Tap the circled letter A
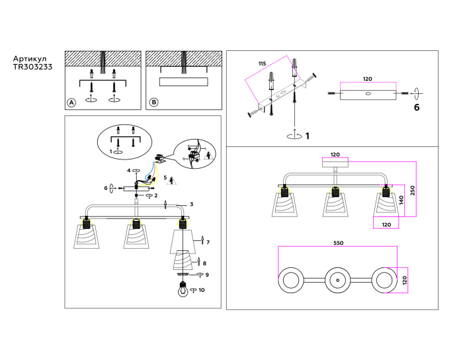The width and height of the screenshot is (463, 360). pos(71,103)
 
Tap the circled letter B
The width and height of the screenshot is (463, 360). pos(153,103)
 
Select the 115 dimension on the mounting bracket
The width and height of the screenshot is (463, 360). pos(262,64)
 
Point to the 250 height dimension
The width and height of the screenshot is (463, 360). pos(412,189)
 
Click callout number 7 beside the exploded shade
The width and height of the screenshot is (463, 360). pos(208,243)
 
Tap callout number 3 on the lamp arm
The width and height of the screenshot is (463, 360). pos(191,204)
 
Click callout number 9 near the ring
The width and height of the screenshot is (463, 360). pos(207,275)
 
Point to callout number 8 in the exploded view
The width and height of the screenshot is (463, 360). pos(204,263)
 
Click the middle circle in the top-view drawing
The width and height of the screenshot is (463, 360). pos(337,281)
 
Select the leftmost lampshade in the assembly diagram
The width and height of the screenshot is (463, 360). pos(85,235)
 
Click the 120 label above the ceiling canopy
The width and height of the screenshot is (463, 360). pos(335,154)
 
